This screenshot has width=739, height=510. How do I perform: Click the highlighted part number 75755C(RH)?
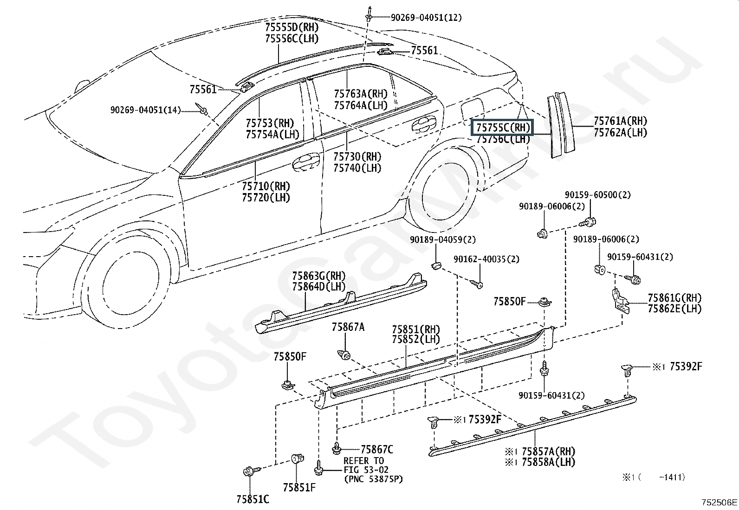click(x=503, y=127)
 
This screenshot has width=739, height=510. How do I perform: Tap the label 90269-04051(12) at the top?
click(x=426, y=18)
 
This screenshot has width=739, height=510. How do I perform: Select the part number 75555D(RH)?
click(x=292, y=27)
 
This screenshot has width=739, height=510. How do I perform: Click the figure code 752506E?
click(x=719, y=502)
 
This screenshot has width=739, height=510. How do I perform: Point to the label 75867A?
click(x=348, y=327)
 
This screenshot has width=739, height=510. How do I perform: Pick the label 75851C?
click(x=253, y=499)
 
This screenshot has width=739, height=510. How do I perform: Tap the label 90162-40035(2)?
click(x=486, y=259)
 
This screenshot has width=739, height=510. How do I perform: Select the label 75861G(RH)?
click(x=674, y=298)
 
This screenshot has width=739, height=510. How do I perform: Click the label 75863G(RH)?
click(x=319, y=276)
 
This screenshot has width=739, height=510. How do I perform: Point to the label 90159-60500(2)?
click(x=598, y=195)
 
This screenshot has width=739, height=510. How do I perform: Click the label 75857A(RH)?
click(x=549, y=451)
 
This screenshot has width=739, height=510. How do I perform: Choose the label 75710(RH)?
click(x=266, y=186)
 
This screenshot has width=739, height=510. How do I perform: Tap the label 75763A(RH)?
click(x=361, y=94)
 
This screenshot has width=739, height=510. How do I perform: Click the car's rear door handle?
click(x=424, y=124)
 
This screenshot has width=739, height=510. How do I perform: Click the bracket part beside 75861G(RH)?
click(x=621, y=301)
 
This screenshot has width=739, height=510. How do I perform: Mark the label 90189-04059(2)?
click(x=443, y=239)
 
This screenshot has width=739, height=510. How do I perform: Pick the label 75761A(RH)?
click(x=621, y=121)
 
